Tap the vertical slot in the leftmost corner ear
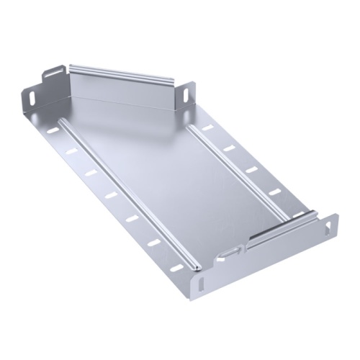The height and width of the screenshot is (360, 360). [34, 96]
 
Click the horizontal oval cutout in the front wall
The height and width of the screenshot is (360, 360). [230, 251]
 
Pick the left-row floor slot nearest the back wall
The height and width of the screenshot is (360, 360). [51, 133]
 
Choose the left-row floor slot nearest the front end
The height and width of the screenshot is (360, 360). [176, 268]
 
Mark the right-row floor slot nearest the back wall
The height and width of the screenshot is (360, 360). [207, 127]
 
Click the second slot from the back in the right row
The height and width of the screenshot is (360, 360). [230, 148]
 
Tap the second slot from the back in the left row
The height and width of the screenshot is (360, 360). [70, 152]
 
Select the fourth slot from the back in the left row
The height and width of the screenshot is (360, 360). [109, 194]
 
